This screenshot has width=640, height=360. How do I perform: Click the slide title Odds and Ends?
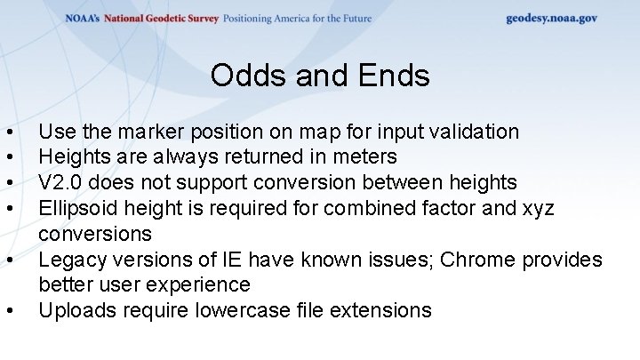[x=320, y=76]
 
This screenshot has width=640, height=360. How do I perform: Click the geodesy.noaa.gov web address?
[x=551, y=18]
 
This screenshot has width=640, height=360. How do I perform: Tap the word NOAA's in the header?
[x=84, y=18]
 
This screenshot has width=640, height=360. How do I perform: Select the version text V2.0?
[x=61, y=183]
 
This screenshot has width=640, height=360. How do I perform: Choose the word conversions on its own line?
[x=95, y=235]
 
